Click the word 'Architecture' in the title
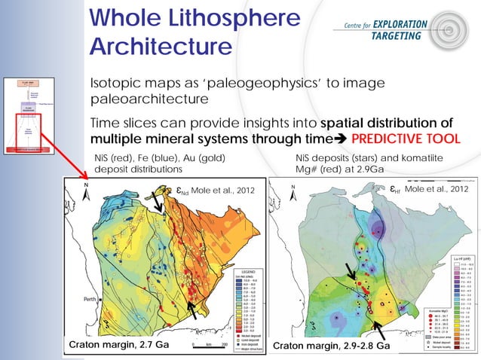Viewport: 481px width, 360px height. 160,46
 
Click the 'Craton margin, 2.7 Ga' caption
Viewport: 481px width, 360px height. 119,344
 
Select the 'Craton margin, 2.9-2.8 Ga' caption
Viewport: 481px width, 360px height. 332,346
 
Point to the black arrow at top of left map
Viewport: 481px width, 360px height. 158,201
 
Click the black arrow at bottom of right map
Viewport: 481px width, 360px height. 380,331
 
